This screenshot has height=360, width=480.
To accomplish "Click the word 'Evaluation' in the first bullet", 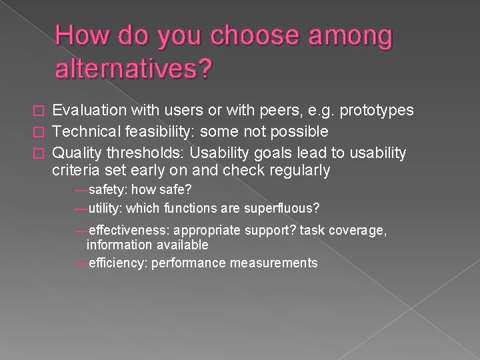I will point(89,110).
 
